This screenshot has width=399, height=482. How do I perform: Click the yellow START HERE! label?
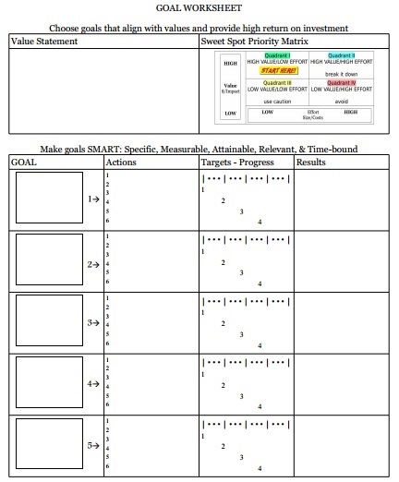point(277,70)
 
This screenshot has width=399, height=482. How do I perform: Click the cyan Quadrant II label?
point(341,54)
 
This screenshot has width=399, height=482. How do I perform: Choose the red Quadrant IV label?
point(341,82)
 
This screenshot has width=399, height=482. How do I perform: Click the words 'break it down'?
point(341,74)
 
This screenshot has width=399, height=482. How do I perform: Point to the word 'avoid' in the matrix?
point(341,101)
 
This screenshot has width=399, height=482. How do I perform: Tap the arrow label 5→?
point(92,445)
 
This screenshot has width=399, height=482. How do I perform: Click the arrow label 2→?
point(92,264)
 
